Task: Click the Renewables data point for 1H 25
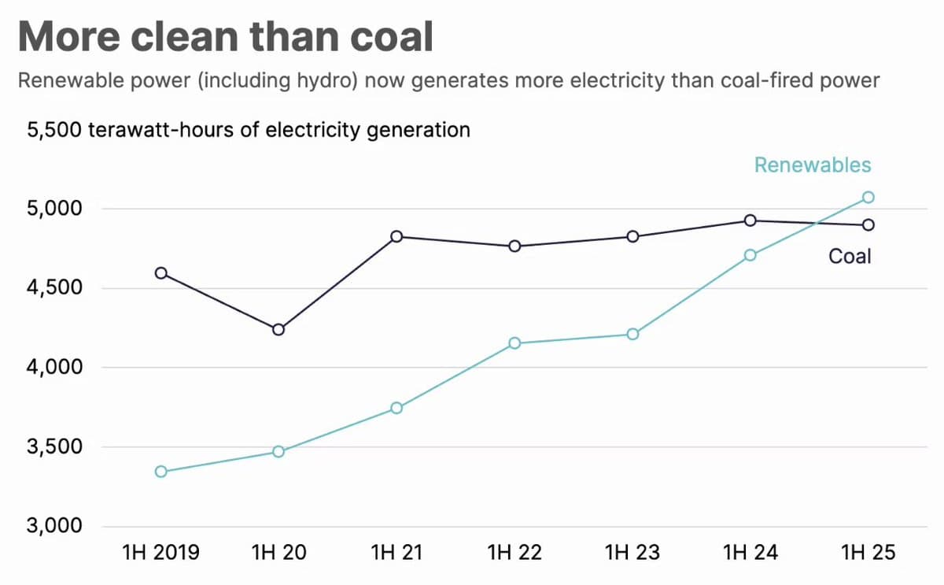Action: pyautogui.click(x=868, y=197)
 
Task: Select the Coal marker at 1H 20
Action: pyautogui.click(x=278, y=329)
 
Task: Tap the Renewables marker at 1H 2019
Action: pyautogui.click(x=160, y=472)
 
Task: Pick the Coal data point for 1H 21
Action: pyautogui.click(x=396, y=236)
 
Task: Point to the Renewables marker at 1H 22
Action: pyautogui.click(x=514, y=343)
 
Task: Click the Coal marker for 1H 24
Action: pyautogui.click(x=750, y=220)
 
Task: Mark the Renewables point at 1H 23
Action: pyautogui.click(x=632, y=334)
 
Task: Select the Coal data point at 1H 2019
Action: pyautogui.click(x=160, y=273)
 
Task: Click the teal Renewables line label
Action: pyautogui.click(x=813, y=165)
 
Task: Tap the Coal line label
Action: pyautogui.click(x=850, y=256)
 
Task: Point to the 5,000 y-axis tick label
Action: pyautogui.click(x=55, y=209)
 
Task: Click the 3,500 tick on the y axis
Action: pyautogui.click(x=55, y=446)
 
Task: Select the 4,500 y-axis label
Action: pyautogui.click(x=55, y=287)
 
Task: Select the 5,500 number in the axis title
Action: pyautogui.click(x=53, y=129)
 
